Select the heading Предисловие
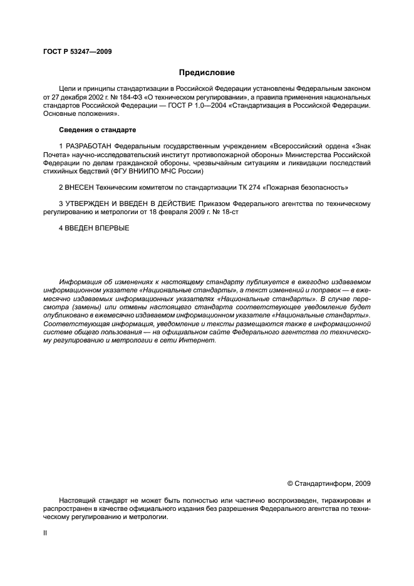click(207, 73)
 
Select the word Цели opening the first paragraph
click(68, 90)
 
